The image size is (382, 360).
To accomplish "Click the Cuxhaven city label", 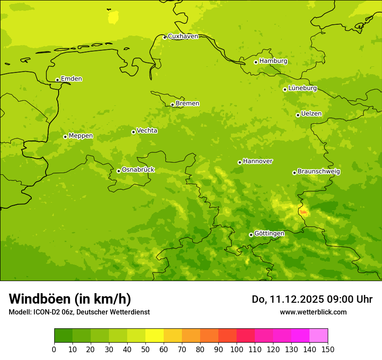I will (183, 36).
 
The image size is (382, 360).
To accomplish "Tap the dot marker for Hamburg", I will (256, 62).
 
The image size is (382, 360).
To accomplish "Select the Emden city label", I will (71, 79).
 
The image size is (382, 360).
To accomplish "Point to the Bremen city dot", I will (172, 105).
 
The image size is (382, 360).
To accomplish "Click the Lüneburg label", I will (302, 88).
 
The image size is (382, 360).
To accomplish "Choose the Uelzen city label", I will (311, 114).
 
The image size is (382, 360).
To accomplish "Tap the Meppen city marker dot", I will (65, 137).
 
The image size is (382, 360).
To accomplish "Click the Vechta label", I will (147, 131).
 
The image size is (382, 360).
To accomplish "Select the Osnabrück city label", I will (138, 170).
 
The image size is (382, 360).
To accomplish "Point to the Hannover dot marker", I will (240, 162).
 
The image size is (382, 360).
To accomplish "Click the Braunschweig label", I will (319, 171).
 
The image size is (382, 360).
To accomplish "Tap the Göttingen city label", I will (269, 233).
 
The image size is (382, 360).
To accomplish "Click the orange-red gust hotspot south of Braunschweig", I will (303, 212).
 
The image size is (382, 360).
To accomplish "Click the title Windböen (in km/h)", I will (70, 299).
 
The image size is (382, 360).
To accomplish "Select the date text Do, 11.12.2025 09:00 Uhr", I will (312, 299).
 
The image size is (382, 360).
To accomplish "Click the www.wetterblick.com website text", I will (313, 312).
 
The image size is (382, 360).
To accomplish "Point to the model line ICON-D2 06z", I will (79, 312).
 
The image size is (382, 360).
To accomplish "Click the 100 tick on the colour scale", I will (237, 349).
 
